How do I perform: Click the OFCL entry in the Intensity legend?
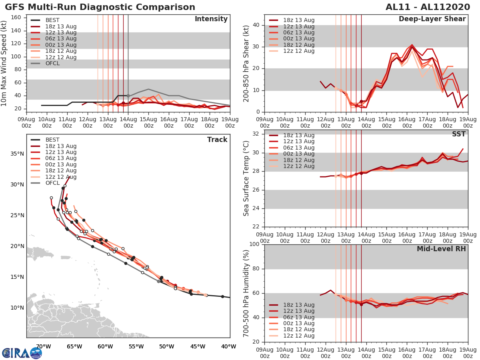(52, 63)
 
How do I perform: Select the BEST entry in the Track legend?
(53, 140)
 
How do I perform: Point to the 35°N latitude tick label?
(17, 154)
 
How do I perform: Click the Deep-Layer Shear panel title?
(432, 19)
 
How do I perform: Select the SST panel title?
(458, 134)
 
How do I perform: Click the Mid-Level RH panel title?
(441, 249)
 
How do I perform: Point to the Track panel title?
(217, 140)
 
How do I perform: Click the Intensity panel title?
(211, 19)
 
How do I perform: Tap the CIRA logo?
(22, 353)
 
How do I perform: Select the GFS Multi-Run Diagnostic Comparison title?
(100, 7)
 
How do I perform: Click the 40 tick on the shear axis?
(256, 25)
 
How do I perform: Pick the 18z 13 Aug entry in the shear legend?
(298, 20)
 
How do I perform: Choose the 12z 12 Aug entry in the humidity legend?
(298, 336)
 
